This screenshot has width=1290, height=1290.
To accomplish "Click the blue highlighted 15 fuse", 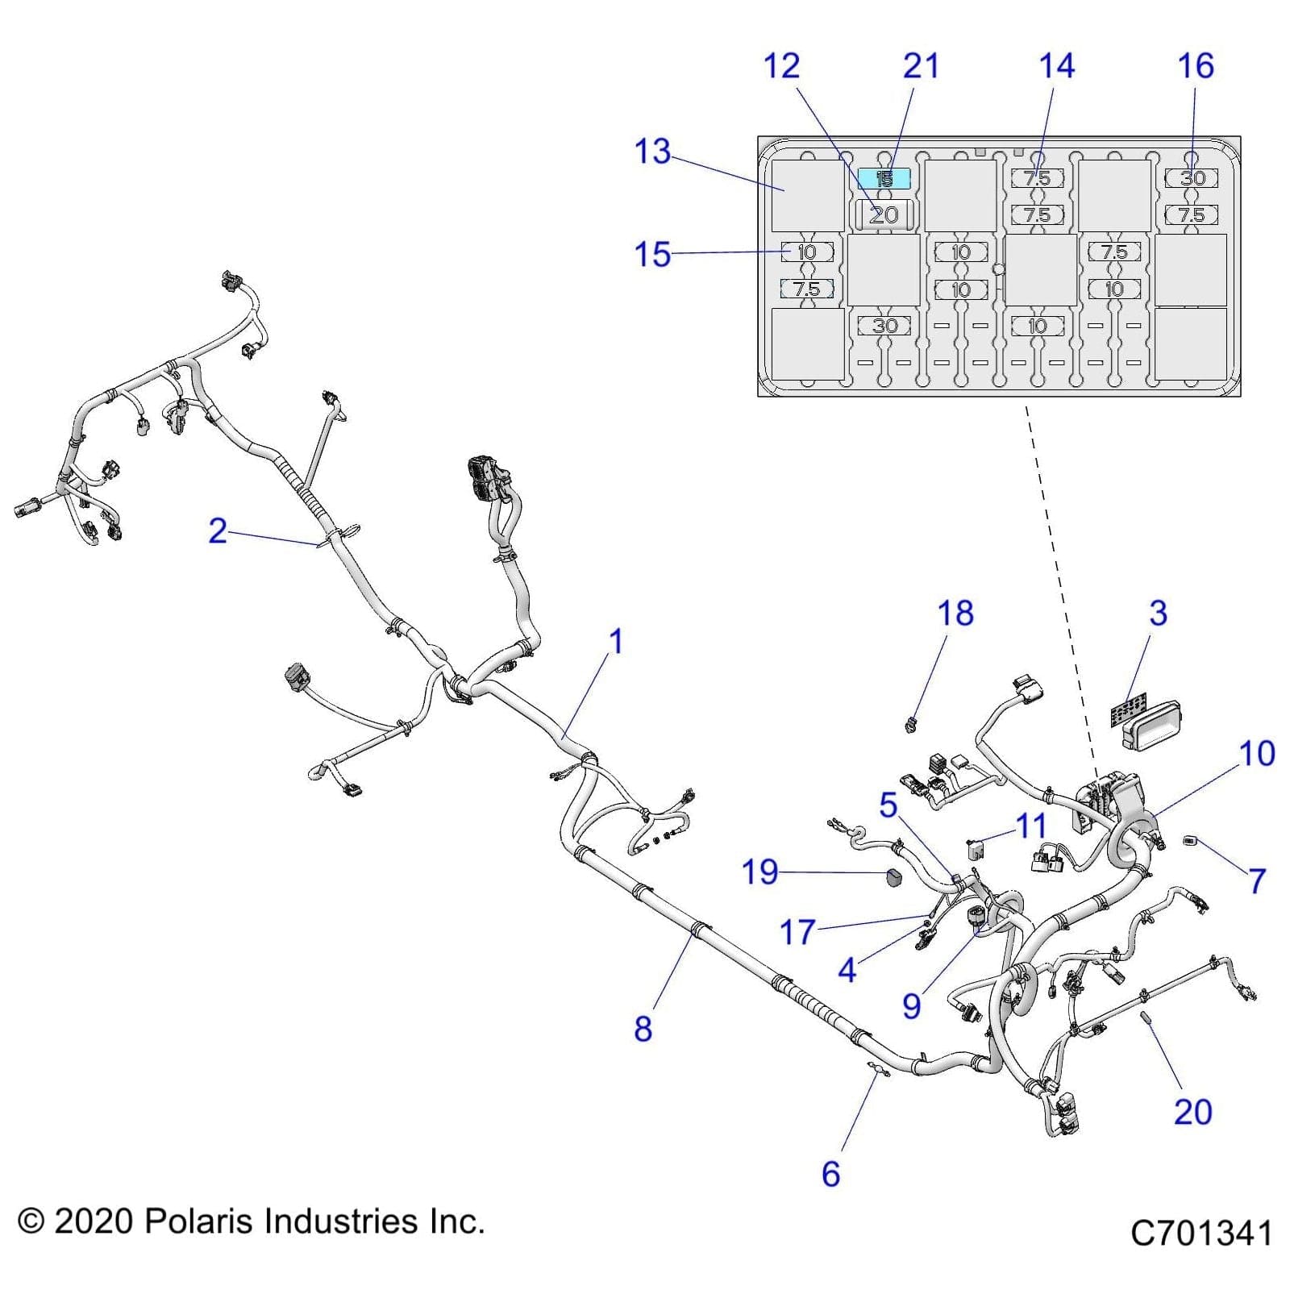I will tap(884, 178).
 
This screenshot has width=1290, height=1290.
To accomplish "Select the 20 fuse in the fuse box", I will tap(884, 214).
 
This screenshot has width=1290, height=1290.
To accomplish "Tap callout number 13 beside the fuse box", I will tap(652, 152).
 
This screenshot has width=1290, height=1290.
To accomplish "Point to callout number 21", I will tap(920, 66).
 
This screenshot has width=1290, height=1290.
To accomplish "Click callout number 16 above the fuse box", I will tap(1195, 66).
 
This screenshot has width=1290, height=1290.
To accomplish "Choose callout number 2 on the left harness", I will tap(218, 531).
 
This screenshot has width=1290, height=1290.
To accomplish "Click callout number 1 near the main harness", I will tap(616, 643).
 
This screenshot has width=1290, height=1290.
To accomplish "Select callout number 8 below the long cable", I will tap(643, 1029).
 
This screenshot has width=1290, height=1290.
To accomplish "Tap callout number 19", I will tap(759, 872).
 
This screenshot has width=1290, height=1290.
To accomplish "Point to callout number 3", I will tap(1158, 614).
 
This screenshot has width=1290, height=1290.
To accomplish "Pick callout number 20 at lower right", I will tap(1192, 1112).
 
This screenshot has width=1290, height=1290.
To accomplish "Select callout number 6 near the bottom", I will tap(830, 1174).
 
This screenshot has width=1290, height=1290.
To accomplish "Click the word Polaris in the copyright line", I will tap(200, 1221).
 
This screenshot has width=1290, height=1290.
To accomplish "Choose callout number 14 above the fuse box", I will tap(1056, 66).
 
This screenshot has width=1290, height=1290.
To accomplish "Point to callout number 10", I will tap(1256, 754).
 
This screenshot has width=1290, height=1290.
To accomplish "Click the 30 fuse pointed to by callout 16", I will tap(1192, 178).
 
